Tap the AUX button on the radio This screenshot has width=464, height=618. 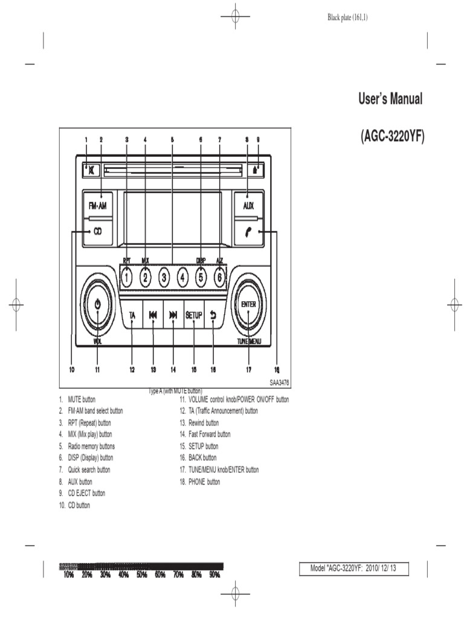tap(248, 206)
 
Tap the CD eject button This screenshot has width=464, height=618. tap(256, 170)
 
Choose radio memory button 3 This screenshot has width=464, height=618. tap(164, 278)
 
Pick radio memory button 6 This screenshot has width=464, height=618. tap(220, 278)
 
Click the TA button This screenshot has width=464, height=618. tap(132, 315)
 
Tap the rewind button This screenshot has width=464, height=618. tap(153, 315)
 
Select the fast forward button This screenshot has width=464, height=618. tap(173, 315)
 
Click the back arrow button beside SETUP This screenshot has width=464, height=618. tap(213, 315)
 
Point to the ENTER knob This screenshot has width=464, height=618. tap(248, 305)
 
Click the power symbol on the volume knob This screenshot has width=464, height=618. tap(98, 305)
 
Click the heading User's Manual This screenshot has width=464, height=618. tap(391, 100)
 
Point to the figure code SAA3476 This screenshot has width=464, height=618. tap(279, 381)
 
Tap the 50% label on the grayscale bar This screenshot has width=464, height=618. tap(141, 575)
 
